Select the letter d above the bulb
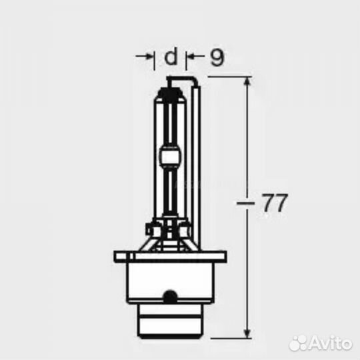click(x=171, y=58)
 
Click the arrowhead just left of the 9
click(x=190, y=58)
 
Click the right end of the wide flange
click(x=224, y=256)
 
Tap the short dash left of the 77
click(x=243, y=202)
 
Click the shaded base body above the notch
click(x=171, y=277)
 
